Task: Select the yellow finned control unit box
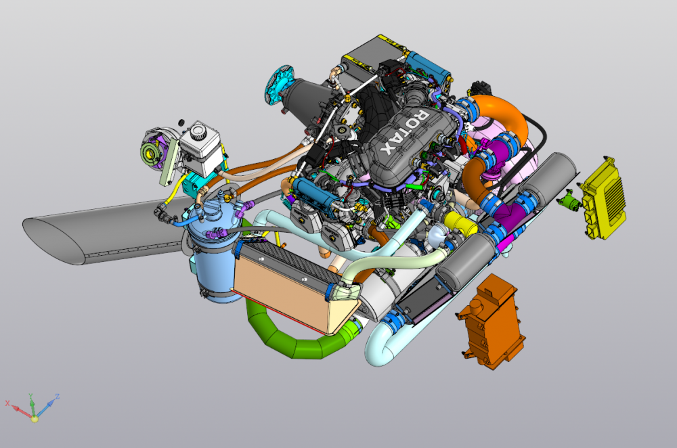[603, 198]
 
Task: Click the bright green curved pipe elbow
[298, 334]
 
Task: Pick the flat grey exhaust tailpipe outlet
[104, 231]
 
